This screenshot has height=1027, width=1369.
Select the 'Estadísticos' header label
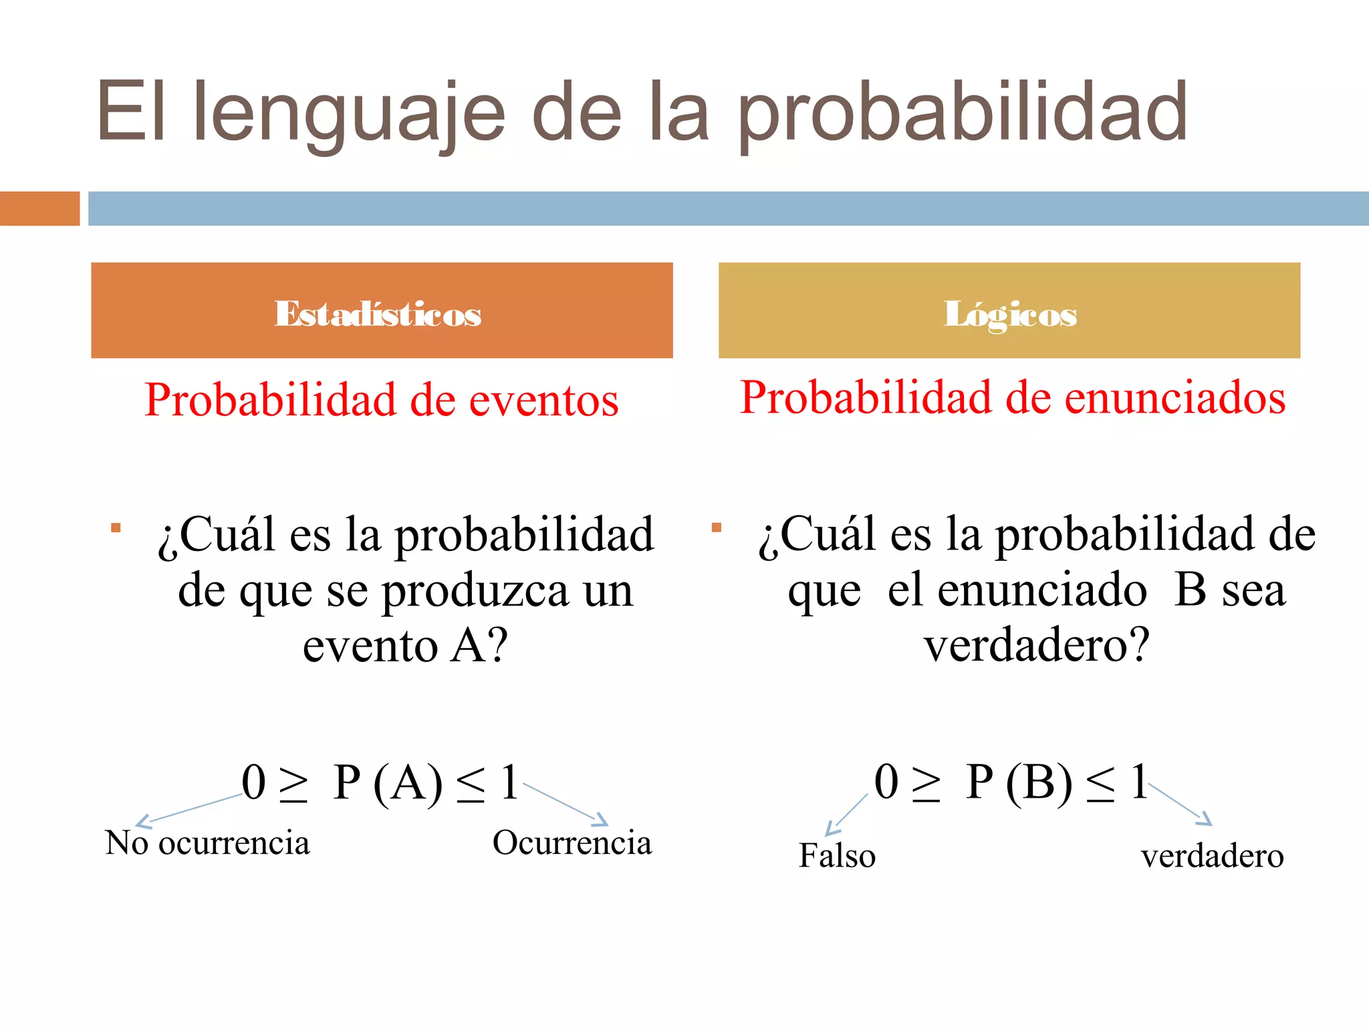(x=378, y=314)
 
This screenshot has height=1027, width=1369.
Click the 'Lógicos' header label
(x=1010, y=314)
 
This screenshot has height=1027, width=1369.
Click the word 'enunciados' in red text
(x=1174, y=398)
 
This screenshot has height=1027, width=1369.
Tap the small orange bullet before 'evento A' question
(x=116, y=528)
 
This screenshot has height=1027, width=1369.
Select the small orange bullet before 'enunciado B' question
(x=717, y=528)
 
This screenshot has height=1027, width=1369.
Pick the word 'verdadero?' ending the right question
(x=1037, y=645)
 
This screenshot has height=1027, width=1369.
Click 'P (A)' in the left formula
(x=388, y=782)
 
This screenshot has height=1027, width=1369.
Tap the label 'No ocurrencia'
(x=207, y=842)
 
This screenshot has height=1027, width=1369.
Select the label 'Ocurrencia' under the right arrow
(x=572, y=842)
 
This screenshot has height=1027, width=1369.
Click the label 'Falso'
(x=837, y=856)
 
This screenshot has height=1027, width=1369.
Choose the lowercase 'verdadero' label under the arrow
(x=1213, y=856)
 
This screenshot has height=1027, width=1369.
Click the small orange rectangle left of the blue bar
(x=39, y=209)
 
